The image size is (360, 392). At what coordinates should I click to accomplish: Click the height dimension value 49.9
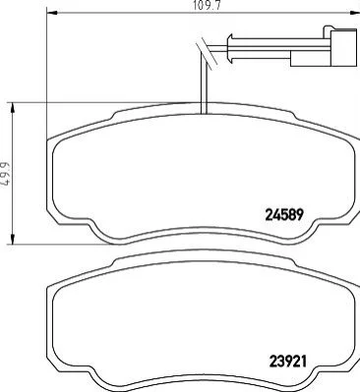coord(5,174)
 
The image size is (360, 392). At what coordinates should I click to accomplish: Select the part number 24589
coord(285,215)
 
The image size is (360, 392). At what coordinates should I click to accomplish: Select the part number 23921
coord(287,362)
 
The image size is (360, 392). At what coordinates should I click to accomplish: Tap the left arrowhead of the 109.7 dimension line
coord(52,13)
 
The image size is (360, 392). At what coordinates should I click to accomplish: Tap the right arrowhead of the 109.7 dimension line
coord(355,13)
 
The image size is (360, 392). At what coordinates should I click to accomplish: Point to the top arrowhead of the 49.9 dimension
coord(13,108)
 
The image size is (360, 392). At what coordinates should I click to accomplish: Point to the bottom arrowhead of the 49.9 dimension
coord(13,239)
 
